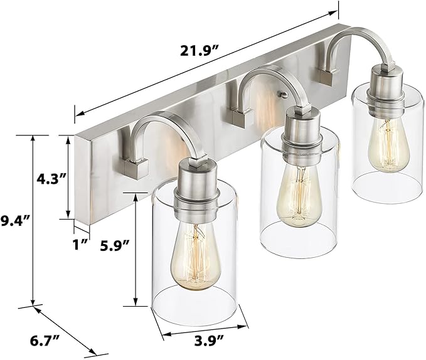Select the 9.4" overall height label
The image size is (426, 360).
point(16,220)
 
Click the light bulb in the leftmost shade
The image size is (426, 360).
point(196,260)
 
